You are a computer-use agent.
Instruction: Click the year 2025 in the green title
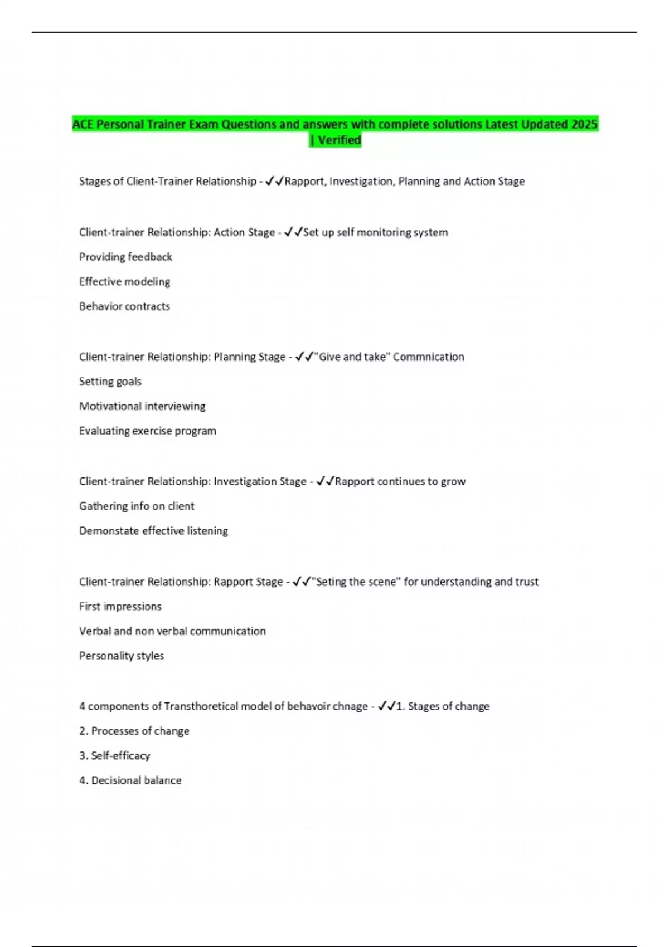[584, 124]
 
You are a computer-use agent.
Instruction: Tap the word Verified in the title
[340, 140]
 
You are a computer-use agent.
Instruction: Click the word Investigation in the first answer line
[361, 181]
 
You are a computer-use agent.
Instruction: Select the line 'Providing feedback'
[125, 257]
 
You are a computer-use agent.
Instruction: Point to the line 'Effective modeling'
[124, 281]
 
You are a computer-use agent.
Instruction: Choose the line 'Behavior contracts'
[124, 306]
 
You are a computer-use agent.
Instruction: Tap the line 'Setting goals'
[110, 382]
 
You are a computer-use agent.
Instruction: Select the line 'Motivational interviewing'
[142, 406]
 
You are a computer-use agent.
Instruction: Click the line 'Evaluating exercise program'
[148, 431]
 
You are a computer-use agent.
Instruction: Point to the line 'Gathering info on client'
[137, 506]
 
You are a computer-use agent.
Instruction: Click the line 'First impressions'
[120, 606]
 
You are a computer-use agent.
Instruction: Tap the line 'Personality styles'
[122, 656]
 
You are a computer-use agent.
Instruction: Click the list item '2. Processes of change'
[134, 731]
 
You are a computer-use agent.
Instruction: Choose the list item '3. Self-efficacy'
[115, 755]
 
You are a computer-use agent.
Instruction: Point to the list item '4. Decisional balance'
[130, 780]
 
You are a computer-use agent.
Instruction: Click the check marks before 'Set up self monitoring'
[293, 232]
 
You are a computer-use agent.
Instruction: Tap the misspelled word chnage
[350, 706]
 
